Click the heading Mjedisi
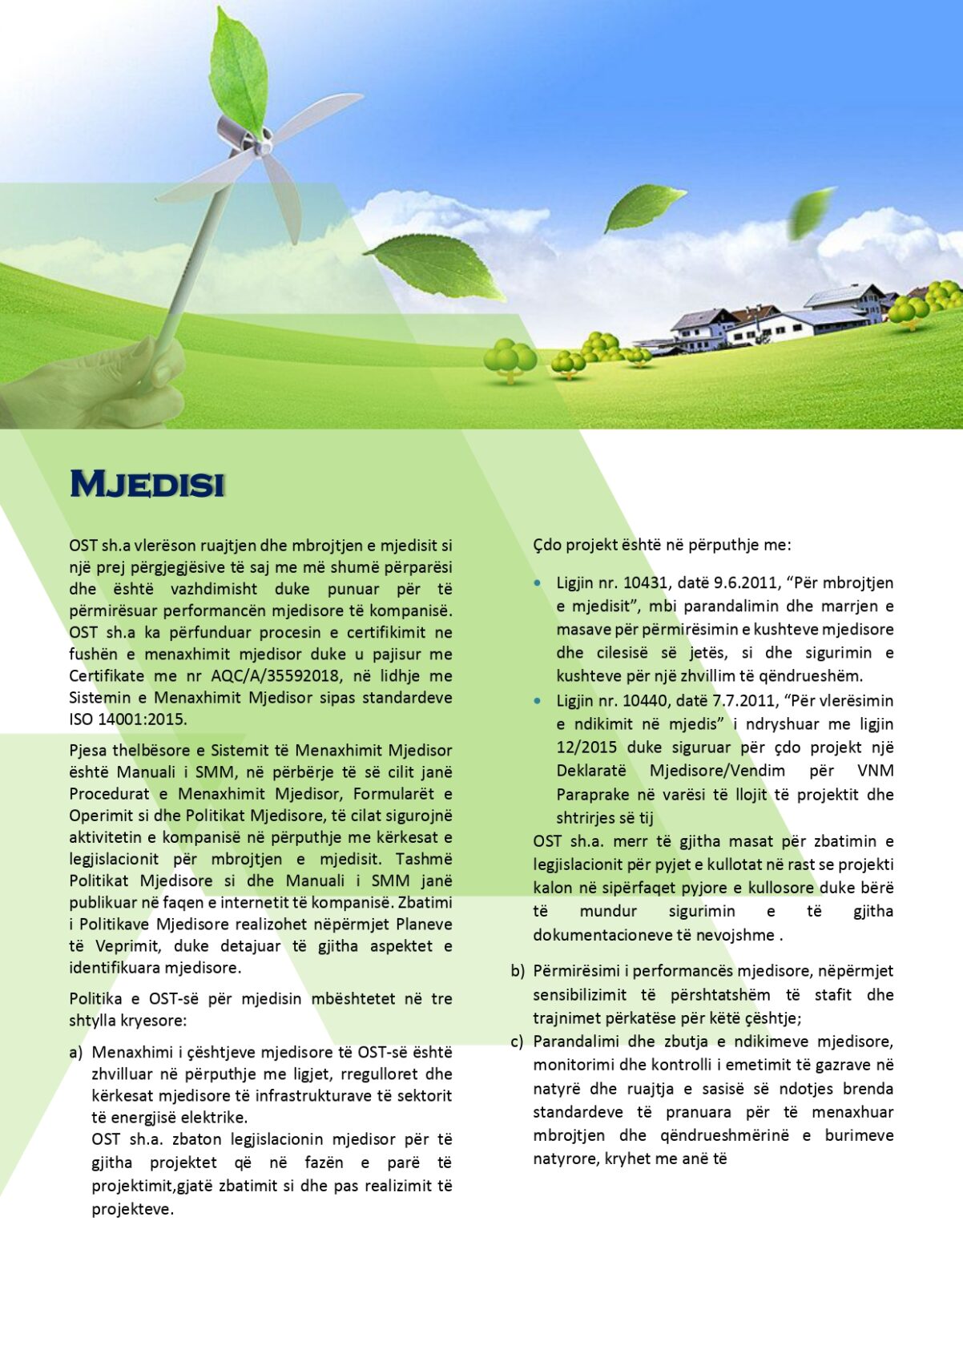tap(147, 484)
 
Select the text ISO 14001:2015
tap(128, 719)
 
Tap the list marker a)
tap(76, 1052)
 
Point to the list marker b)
tap(518, 971)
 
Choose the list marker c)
tap(518, 1042)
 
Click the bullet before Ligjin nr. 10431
tap(538, 583)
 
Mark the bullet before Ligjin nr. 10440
tap(538, 701)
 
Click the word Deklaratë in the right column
tap(591, 771)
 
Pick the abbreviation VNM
tap(875, 771)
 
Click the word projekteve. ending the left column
tap(133, 1209)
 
